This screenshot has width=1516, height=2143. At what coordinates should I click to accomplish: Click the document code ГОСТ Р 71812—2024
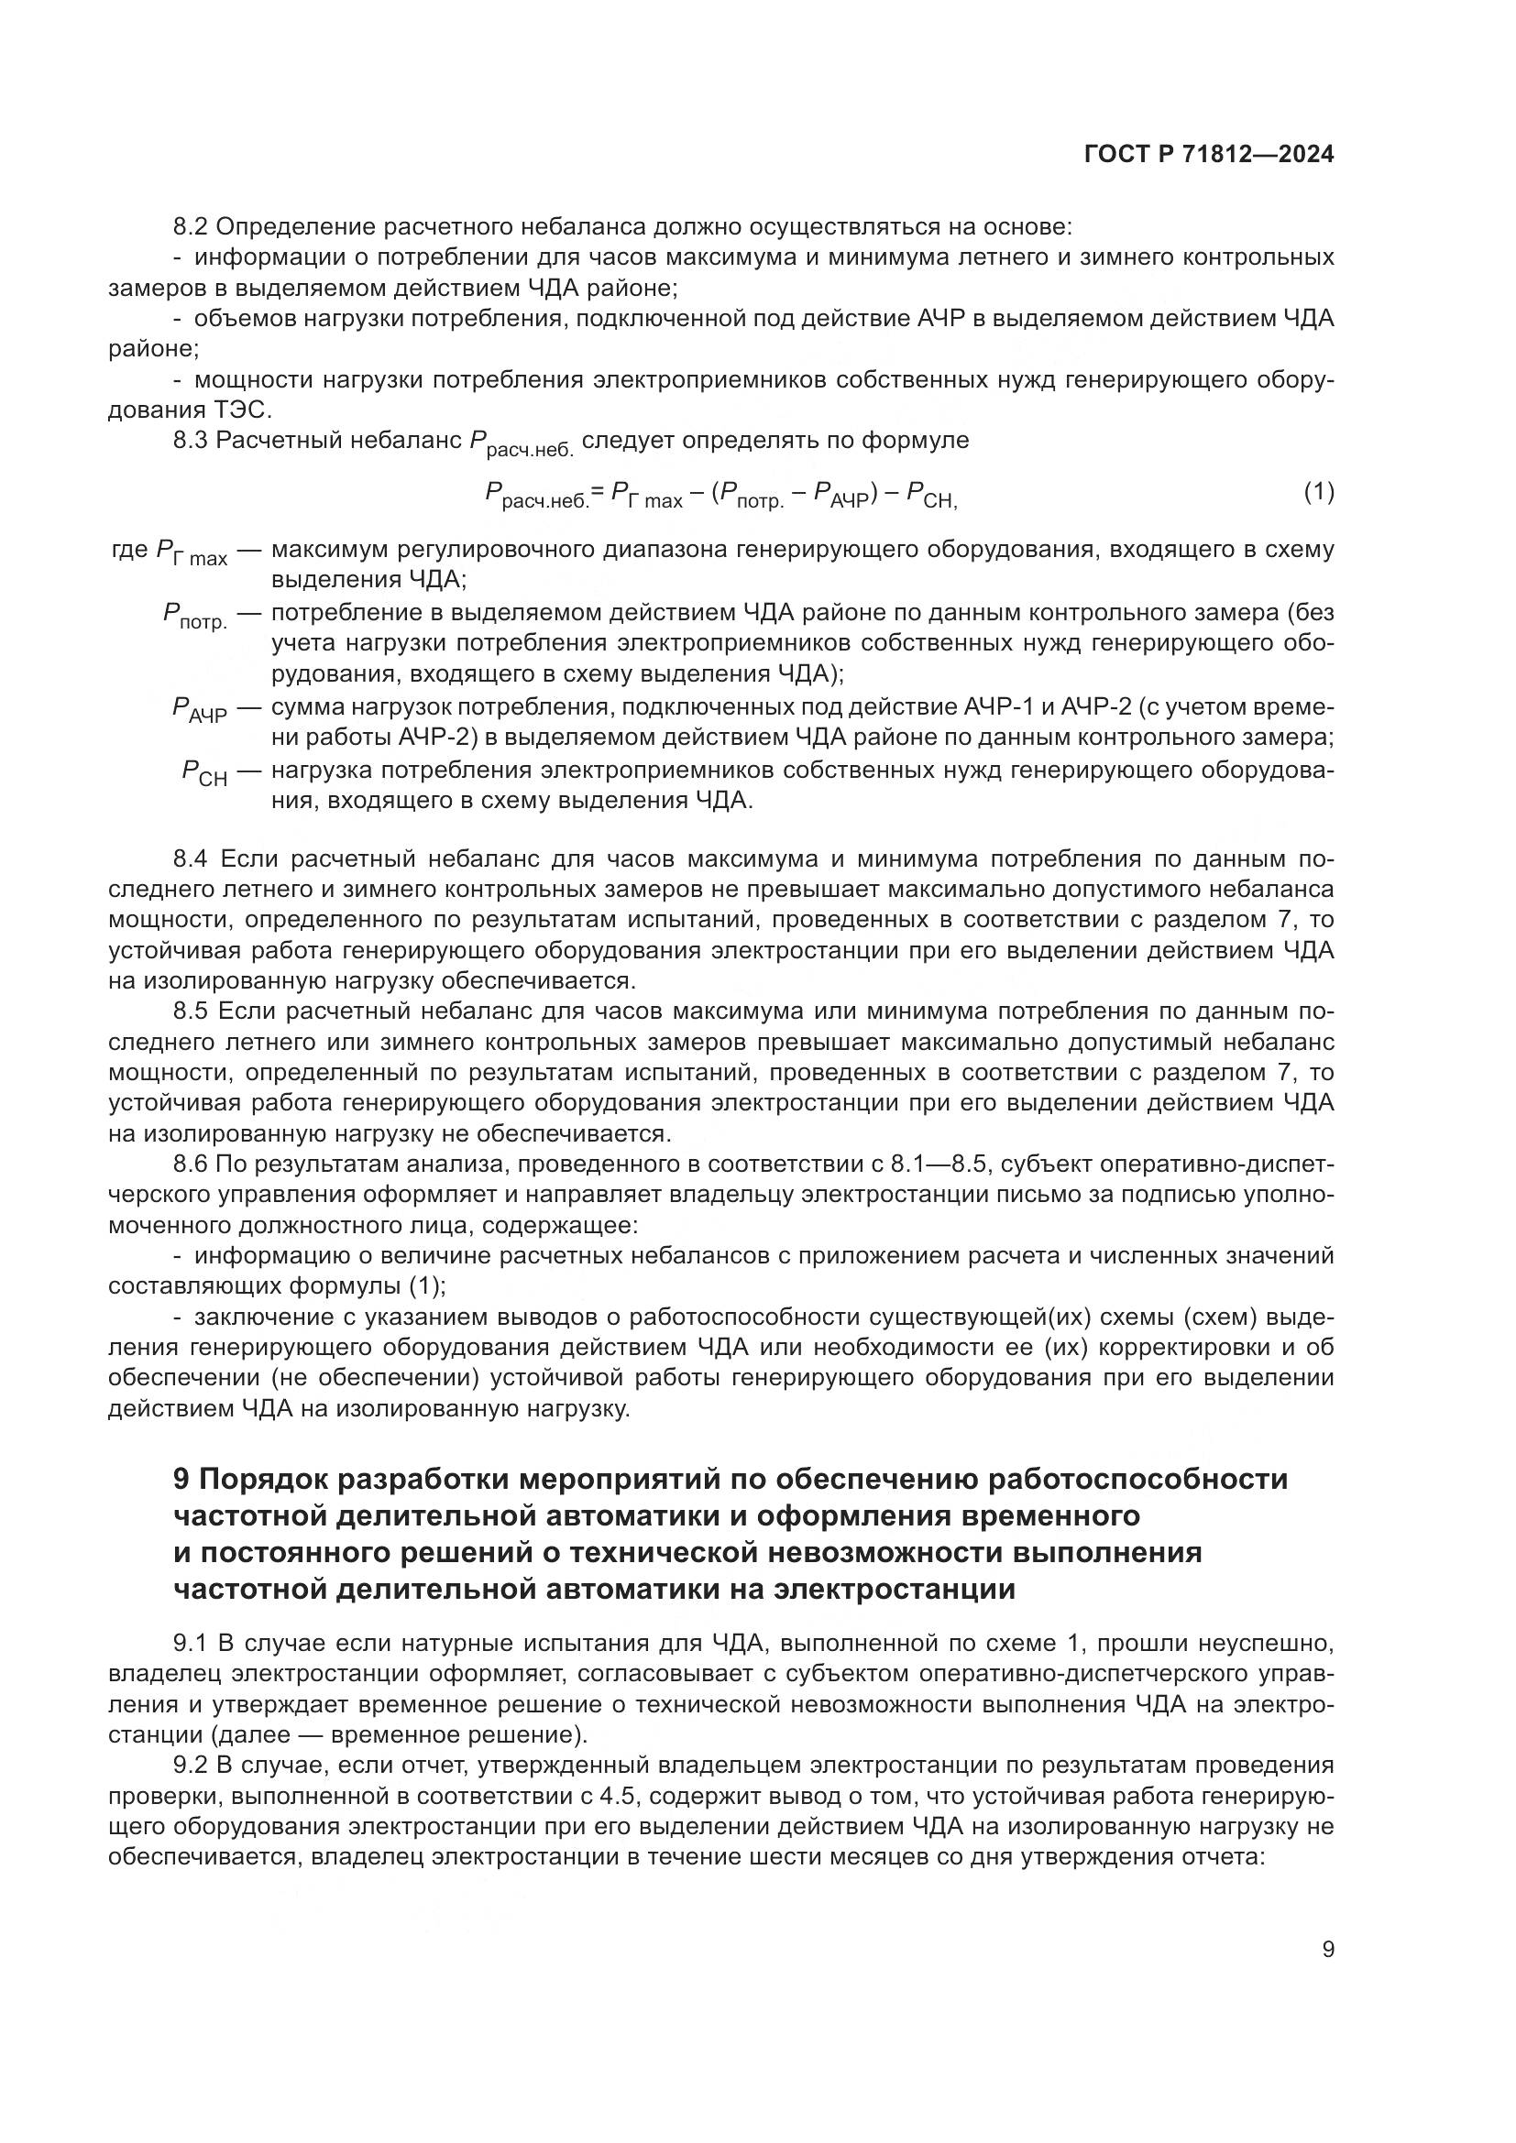tap(1209, 155)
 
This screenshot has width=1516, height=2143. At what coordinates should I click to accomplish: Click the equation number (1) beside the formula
tap(1318, 492)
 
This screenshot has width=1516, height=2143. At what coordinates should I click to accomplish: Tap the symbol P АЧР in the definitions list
tap(199, 711)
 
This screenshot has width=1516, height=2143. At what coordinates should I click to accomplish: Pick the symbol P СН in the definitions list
tap(203, 774)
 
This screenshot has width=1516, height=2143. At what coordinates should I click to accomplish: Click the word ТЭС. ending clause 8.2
tap(246, 410)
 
